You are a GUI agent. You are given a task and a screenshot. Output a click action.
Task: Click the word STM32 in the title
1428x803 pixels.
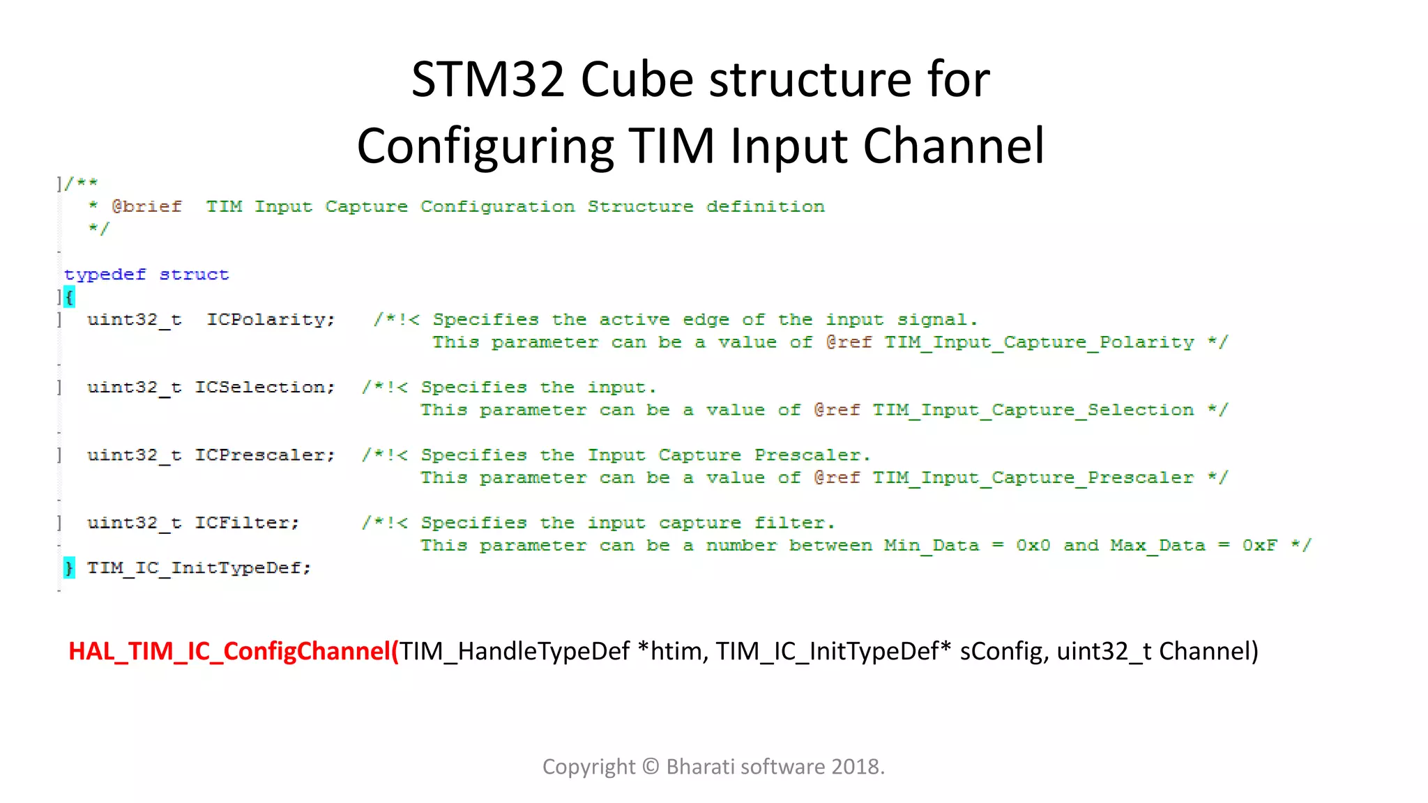(x=487, y=79)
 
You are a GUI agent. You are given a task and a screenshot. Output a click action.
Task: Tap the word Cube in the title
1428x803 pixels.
(x=637, y=79)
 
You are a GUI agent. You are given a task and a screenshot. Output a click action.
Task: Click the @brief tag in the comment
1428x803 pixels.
(x=146, y=207)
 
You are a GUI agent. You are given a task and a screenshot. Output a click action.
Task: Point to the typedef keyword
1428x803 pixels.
(x=105, y=275)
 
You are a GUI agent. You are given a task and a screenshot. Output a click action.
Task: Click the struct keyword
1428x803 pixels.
(x=194, y=275)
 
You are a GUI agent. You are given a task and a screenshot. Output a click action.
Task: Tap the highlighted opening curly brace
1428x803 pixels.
(x=69, y=298)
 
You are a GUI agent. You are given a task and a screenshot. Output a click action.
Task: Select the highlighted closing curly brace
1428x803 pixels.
(x=69, y=568)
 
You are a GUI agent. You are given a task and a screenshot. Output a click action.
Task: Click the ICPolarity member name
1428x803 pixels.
(x=271, y=320)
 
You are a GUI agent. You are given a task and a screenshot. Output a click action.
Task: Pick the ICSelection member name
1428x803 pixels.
(x=265, y=388)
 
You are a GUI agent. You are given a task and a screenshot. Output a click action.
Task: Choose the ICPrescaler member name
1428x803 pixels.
(x=265, y=455)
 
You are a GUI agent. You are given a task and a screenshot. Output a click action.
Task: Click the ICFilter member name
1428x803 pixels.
(x=247, y=523)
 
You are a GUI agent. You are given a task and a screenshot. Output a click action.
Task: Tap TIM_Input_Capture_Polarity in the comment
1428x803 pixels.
(x=1039, y=343)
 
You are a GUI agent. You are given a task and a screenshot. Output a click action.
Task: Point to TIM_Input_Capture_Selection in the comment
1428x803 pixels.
(x=1033, y=411)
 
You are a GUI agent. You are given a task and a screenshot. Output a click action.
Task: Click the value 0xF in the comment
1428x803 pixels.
(x=1259, y=546)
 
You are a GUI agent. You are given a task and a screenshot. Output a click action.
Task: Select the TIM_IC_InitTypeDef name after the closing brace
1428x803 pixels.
(x=199, y=568)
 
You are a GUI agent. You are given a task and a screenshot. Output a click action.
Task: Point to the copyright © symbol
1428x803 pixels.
(x=651, y=767)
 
